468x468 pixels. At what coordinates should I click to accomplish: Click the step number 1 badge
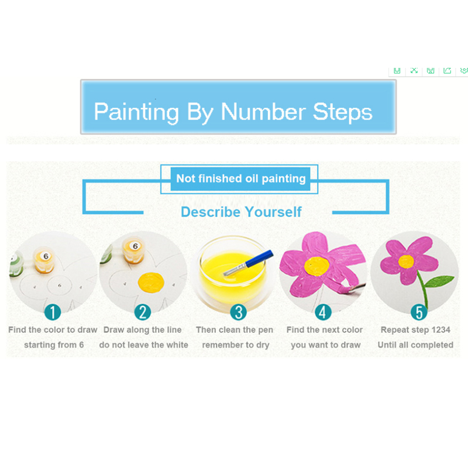click(x=53, y=312)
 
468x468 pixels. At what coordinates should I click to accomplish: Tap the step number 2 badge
click(x=142, y=312)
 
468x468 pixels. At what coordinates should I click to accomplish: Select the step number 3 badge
click(x=237, y=312)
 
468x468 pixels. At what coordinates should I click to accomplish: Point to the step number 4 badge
click(x=324, y=312)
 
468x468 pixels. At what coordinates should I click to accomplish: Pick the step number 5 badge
click(x=419, y=312)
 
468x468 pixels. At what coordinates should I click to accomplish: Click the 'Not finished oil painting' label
click(x=241, y=178)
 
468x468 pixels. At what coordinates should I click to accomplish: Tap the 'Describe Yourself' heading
click(x=241, y=212)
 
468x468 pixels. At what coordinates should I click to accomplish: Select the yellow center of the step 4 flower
click(x=318, y=266)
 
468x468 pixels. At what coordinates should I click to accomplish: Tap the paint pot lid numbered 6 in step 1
click(x=46, y=256)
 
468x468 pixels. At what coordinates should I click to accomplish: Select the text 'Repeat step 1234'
click(x=415, y=330)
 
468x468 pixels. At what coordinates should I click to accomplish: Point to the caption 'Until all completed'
click(x=415, y=345)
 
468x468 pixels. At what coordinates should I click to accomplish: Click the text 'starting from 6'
click(x=54, y=345)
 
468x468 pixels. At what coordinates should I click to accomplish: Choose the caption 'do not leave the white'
click(x=143, y=345)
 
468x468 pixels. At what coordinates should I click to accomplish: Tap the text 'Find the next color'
click(x=325, y=330)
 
